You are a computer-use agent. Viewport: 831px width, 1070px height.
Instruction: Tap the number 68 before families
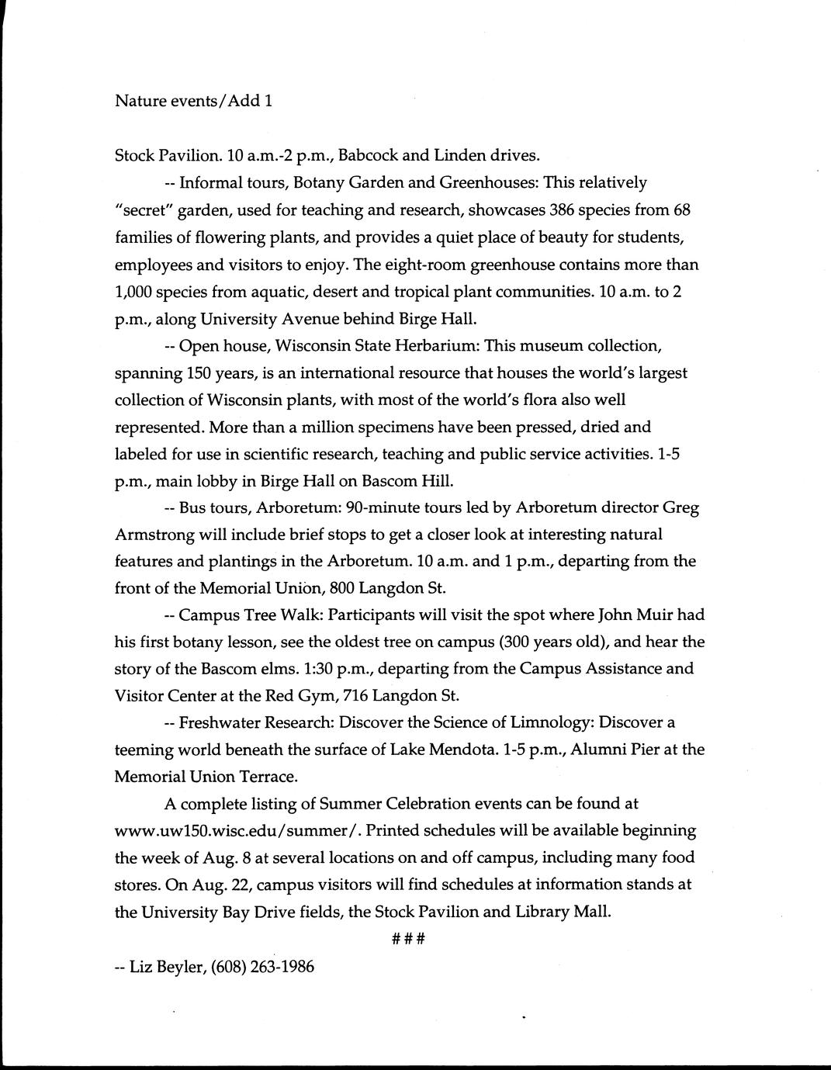coord(681,210)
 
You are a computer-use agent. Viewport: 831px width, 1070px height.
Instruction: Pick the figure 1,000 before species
coord(135,292)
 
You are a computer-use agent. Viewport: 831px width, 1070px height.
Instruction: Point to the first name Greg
coord(680,507)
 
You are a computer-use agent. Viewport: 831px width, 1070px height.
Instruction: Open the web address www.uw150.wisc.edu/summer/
coord(237,830)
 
